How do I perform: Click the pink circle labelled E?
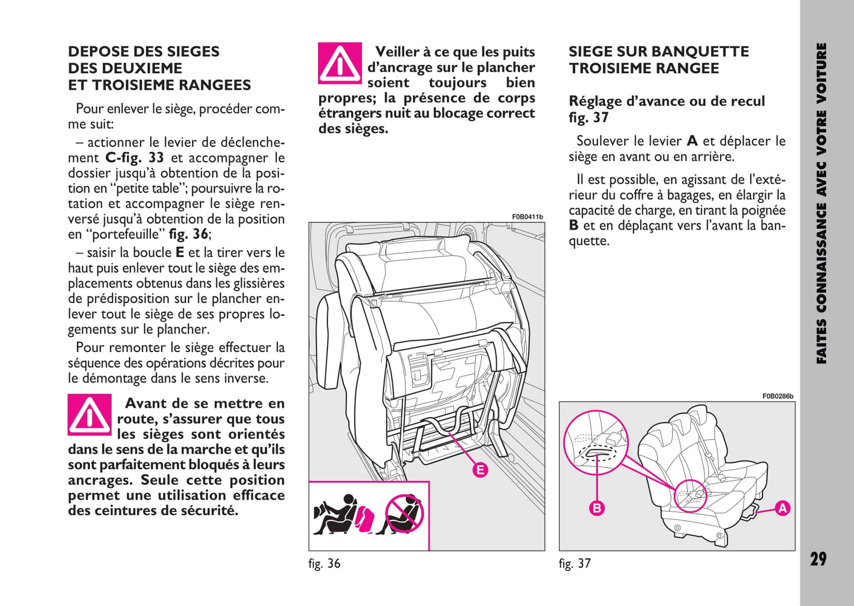pos(480,470)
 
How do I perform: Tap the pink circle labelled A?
pos(782,508)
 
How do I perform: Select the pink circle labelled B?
pos(597,508)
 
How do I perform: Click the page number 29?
pos(818,559)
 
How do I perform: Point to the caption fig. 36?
pos(324,563)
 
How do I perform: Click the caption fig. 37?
pos(574,563)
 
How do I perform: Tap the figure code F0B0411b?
pos(527,217)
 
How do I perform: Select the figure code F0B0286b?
pos(778,397)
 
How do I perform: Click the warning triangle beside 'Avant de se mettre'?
pos(89,415)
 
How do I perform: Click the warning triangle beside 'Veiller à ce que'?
pos(340,63)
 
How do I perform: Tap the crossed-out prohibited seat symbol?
pos(405,513)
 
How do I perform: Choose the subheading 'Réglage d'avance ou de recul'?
pos(667,101)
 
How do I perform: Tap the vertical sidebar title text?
pos(821,204)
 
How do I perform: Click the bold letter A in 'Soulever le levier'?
pos(692,141)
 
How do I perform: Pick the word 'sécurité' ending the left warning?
pos(203,511)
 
